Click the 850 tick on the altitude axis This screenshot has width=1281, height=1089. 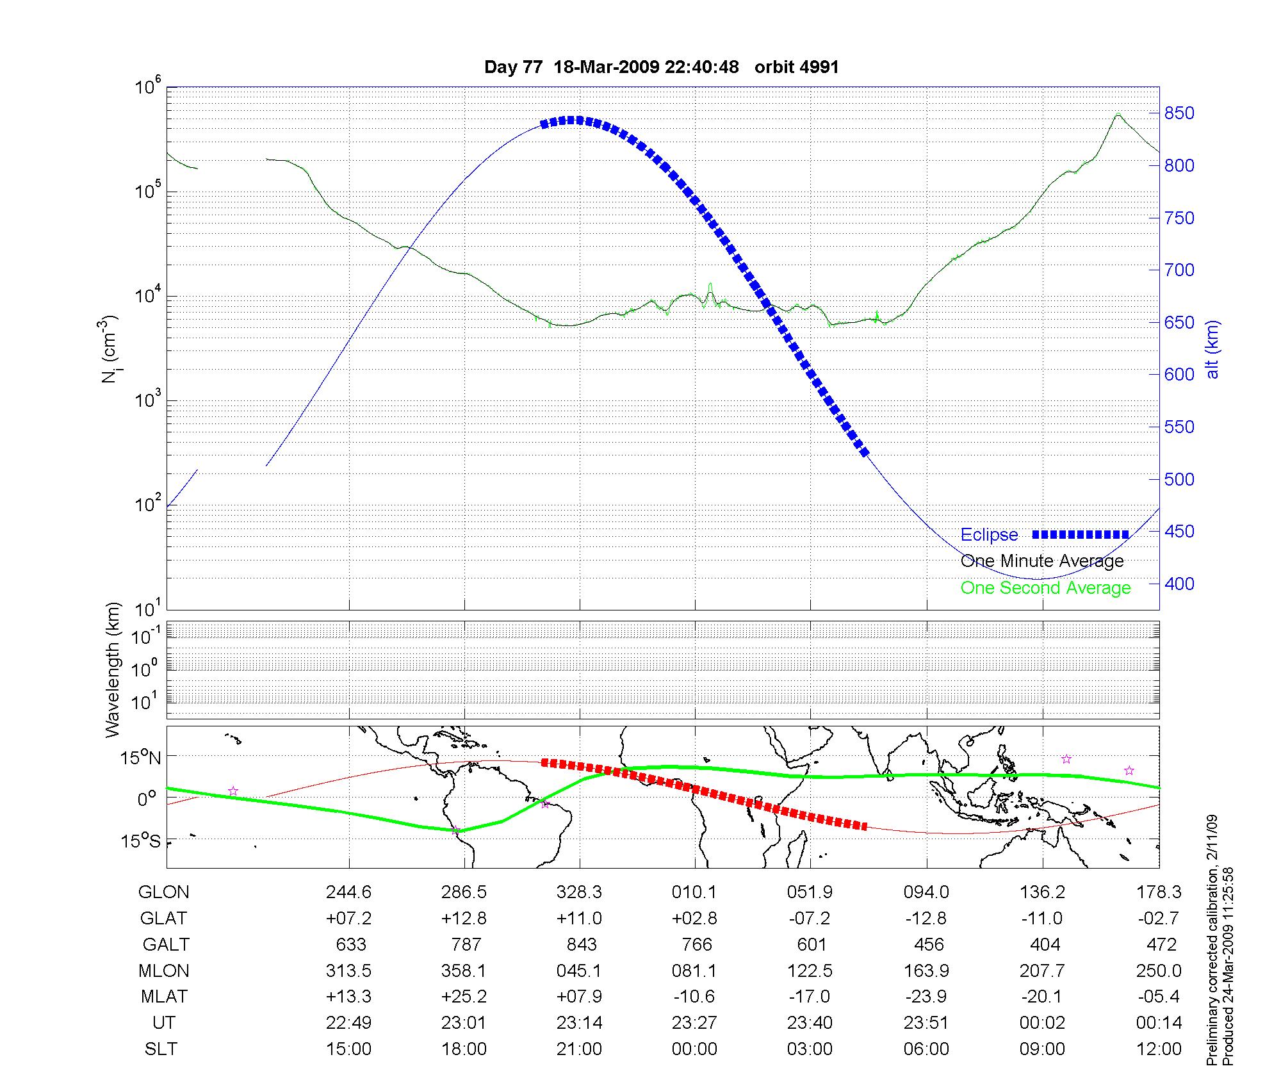1179,113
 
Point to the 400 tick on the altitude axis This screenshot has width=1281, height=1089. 1179,584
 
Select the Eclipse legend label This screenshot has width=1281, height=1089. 989,535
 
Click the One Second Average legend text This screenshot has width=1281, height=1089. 1045,588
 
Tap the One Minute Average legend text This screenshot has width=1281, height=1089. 1042,561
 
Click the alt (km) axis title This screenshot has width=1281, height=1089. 1212,349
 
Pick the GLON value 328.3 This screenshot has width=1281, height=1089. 580,892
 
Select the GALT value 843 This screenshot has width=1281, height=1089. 581,945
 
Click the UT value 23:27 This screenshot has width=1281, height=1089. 695,1023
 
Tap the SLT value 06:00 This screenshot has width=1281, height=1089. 926,1049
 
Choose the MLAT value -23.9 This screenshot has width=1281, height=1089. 926,997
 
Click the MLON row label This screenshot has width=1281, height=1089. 164,971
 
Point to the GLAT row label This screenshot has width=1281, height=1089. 163,919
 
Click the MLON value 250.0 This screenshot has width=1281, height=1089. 1159,971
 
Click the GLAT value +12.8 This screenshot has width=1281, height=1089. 464,919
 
